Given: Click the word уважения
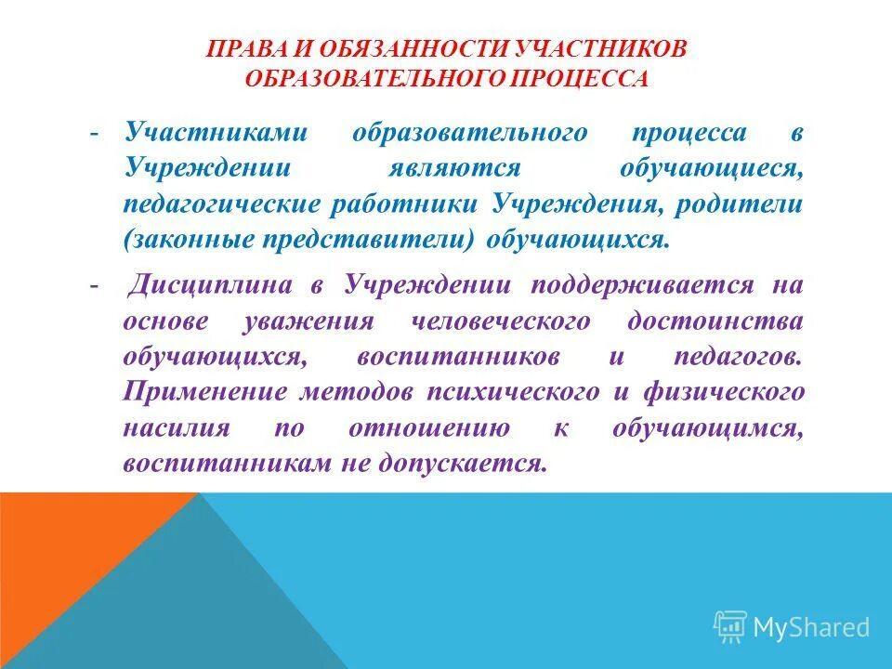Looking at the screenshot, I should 309,321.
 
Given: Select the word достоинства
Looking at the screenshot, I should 715,321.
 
